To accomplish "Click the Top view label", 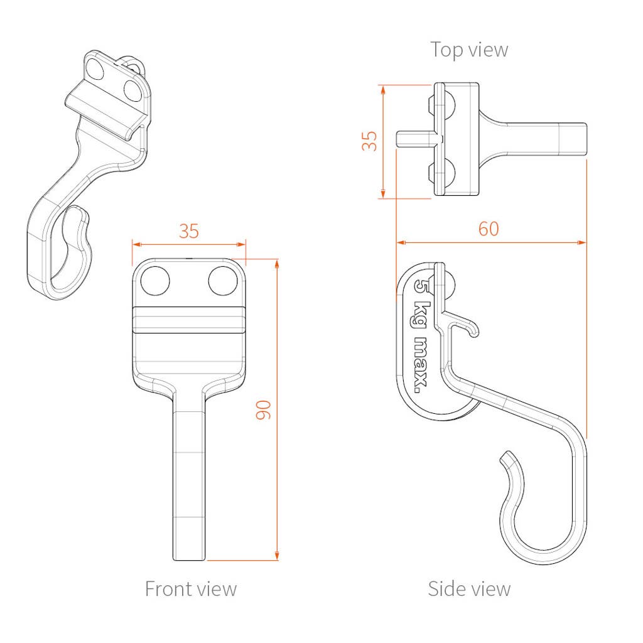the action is (x=469, y=50).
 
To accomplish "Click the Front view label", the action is (x=191, y=589).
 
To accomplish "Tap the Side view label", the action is (x=469, y=589).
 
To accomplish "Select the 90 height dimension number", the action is (x=263, y=409).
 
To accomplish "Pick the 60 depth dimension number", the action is (x=489, y=229).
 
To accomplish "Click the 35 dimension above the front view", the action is (x=188, y=231).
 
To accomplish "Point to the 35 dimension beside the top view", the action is (x=369, y=141).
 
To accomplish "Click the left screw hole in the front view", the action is (x=155, y=281).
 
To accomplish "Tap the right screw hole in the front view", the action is (x=223, y=281).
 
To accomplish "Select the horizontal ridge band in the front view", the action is (x=189, y=320).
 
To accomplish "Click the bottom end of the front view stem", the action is (x=188, y=559).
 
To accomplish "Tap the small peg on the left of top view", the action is (x=414, y=138).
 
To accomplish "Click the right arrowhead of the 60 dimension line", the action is (x=582, y=243).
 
